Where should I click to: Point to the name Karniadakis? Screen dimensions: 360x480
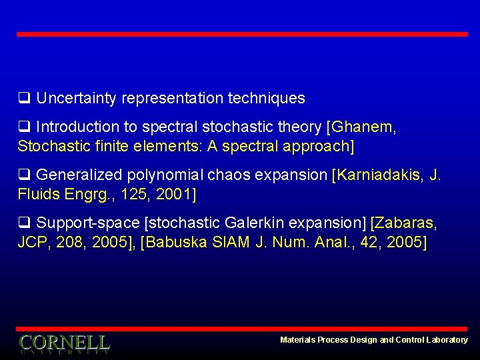(x=380, y=175)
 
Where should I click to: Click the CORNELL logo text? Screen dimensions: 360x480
(x=64, y=343)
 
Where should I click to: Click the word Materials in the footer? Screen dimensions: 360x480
(x=297, y=340)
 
